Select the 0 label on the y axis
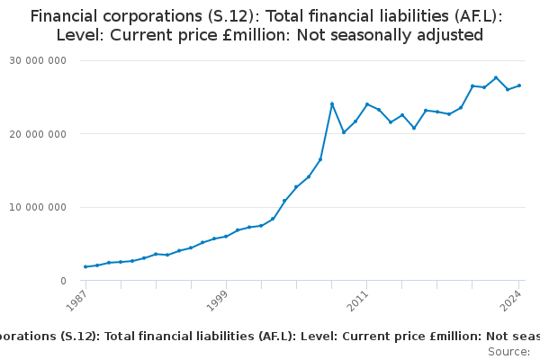62,282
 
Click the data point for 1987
85,266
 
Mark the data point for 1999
226,236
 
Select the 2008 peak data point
332,103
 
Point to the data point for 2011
367,104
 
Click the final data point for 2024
519,85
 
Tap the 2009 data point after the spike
344,132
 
